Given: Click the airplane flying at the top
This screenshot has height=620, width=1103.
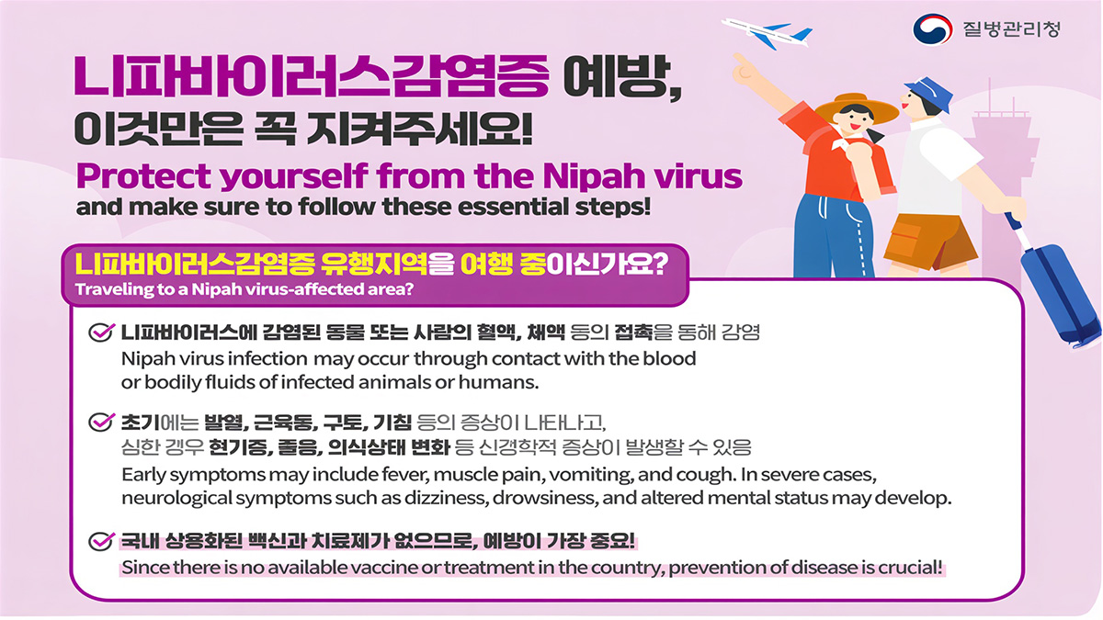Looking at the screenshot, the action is point(767,33).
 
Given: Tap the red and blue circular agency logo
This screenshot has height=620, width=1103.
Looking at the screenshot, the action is point(933,29).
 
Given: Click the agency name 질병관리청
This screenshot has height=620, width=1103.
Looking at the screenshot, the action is point(1011,29).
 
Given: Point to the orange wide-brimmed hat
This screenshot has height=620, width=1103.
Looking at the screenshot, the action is point(856,107).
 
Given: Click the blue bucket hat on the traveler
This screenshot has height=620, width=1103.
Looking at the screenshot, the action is point(928,93).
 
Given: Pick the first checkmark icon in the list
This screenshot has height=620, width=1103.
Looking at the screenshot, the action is point(101,333).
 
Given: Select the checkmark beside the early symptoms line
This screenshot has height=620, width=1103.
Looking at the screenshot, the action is point(101,423).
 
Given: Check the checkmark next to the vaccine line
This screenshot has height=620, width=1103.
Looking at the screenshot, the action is point(101,541).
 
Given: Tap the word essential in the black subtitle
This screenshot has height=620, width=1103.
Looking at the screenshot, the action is point(513,207).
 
